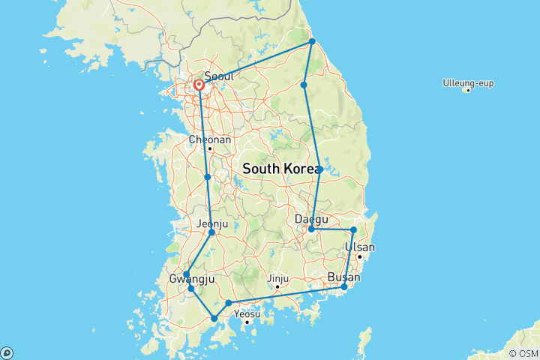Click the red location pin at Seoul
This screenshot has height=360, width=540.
click(x=199, y=85)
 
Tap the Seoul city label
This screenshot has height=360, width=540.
click(x=219, y=76)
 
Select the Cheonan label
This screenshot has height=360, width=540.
click(x=210, y=139)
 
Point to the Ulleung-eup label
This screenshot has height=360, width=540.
click(x=468, y=82)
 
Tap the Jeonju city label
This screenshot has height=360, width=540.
click(x=211, y=223)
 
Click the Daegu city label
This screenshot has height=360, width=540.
click(x=312, y=219)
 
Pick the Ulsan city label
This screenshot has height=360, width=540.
click(x=360, y=247)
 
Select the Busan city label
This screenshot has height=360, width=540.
click(x=344, y=277)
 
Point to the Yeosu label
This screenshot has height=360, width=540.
click(x=247, y=313)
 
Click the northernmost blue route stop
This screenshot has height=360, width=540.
click(x=312, y=41)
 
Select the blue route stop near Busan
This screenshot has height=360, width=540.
click(x=344, y=286)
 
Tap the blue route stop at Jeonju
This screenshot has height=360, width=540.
click(x=211, y=232)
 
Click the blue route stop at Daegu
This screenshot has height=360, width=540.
click(x=311, y=229)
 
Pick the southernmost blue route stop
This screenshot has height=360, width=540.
click(x=214, y=319)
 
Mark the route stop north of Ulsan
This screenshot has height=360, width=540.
click(x=353, y=229)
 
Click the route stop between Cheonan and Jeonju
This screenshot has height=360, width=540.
click(x=207, y=177)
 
